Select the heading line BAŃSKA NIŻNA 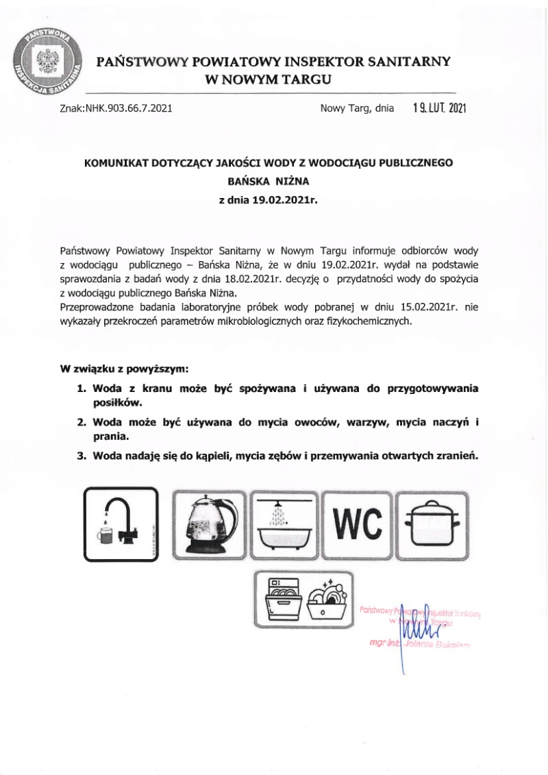pos(269,182)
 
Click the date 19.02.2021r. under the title pos(285,201)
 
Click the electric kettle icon pos(209,524)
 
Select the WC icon pos(360,524)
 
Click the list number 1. pos(80,388)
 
